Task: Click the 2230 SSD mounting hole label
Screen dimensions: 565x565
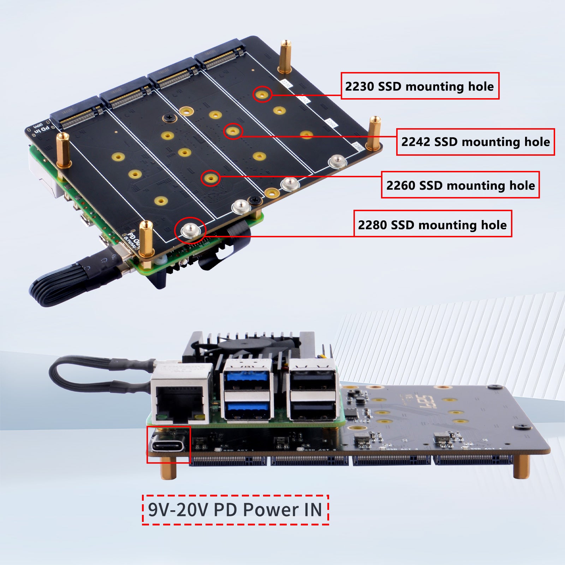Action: pyautogui.click(x=420, y=86)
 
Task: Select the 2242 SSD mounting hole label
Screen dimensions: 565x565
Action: pyautogui.click(x=475, y=142)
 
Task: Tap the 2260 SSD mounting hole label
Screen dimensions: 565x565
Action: pyautogui.click(x=460, y=185)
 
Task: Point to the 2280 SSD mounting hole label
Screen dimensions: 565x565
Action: pyautogui.click(x=432, y=224)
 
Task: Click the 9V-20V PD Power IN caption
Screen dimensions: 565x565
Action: pyautogui.click(x=235, y=510)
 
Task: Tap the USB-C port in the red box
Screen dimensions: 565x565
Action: pyautogui.click(x=168, y=445)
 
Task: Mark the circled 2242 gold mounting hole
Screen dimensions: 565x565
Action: pyautogui.click(x=233, y=131)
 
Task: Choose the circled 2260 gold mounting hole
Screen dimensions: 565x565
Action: pyautogui.click(x=210, y=178)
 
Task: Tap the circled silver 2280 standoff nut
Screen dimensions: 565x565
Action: pyautogui.click(x=190, y=230)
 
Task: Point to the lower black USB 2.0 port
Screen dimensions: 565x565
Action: pyautogui.click(x=313, y=410)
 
